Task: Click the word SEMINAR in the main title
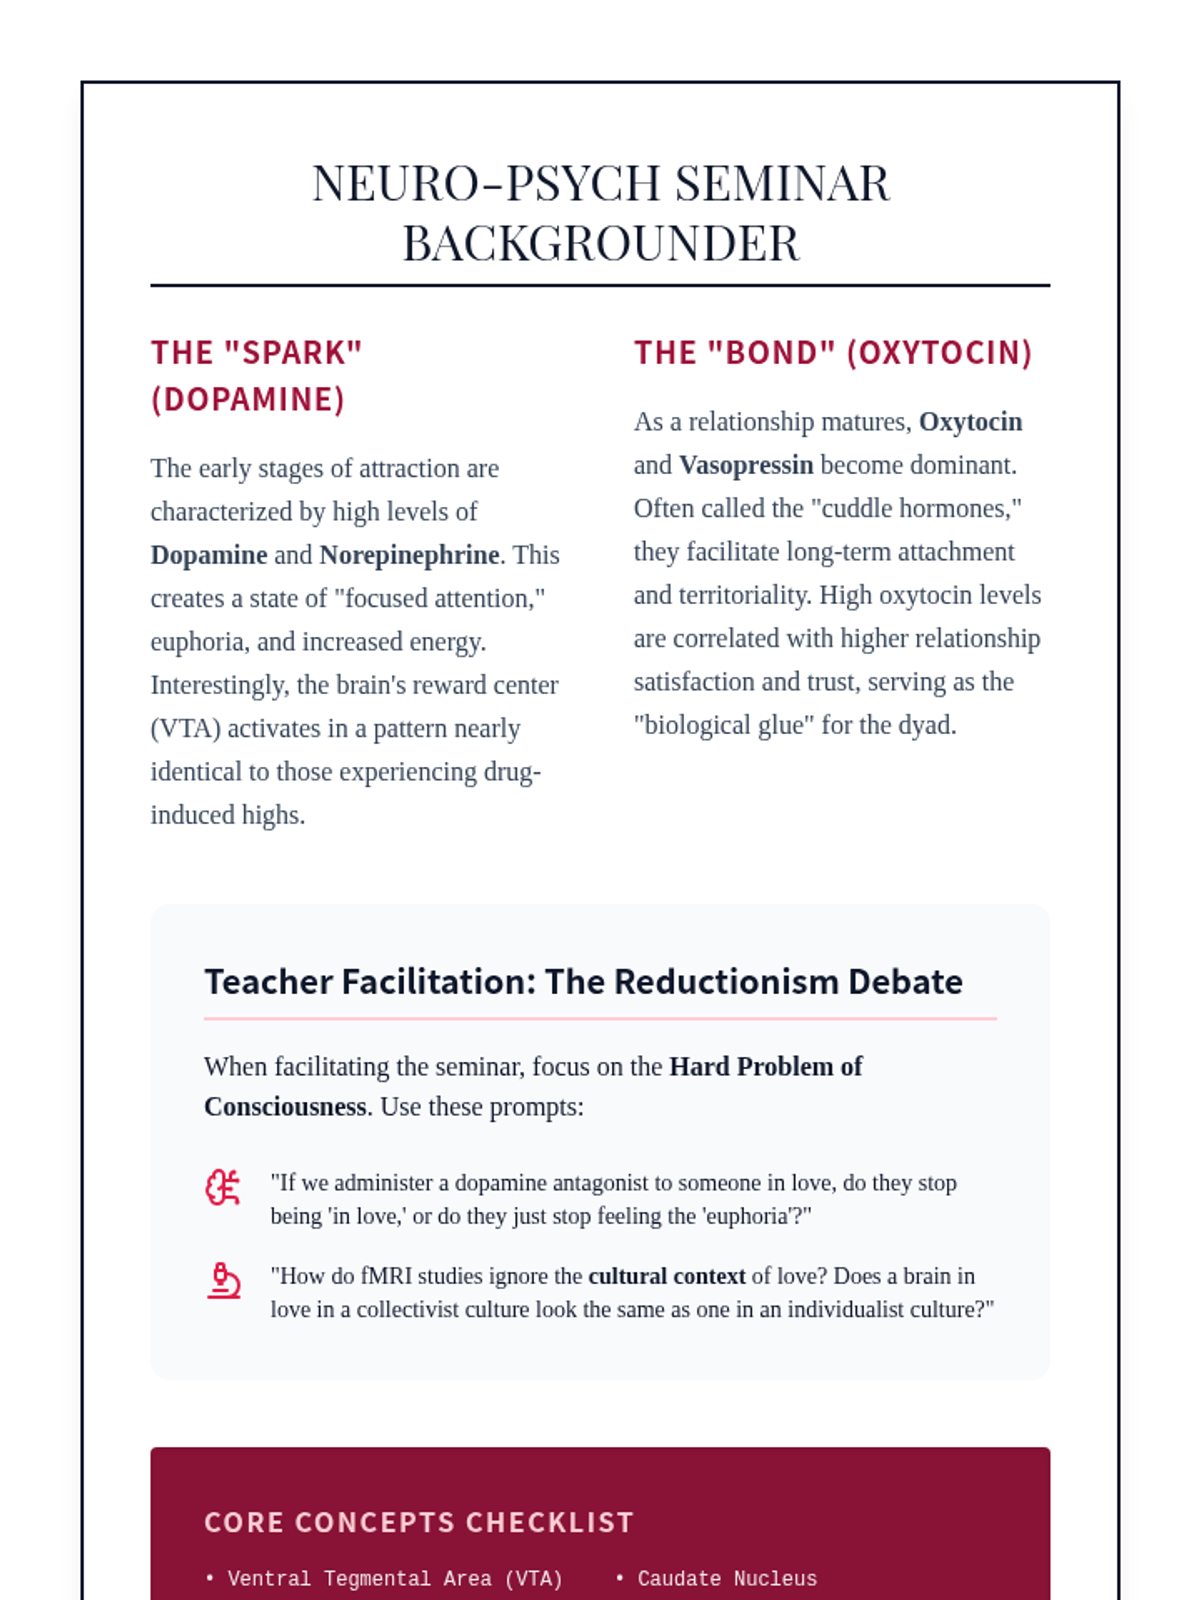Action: [x=782, y=184]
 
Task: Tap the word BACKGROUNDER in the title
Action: [x=601, y=244]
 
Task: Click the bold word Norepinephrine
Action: [x=409, y=555]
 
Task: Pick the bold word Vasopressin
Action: [x=746, y=465]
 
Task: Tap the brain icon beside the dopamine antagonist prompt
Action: [x=223, y=1187]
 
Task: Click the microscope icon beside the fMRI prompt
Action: [x=223, y=1281]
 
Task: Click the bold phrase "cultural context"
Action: [x=667, y=1276]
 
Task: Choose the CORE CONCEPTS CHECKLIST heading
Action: [x=419, y=1522]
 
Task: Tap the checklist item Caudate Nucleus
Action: [x=727, y=1579]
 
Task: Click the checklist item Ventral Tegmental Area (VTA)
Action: [x=395, y=1579]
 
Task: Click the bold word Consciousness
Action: [x=285, y=1107]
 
